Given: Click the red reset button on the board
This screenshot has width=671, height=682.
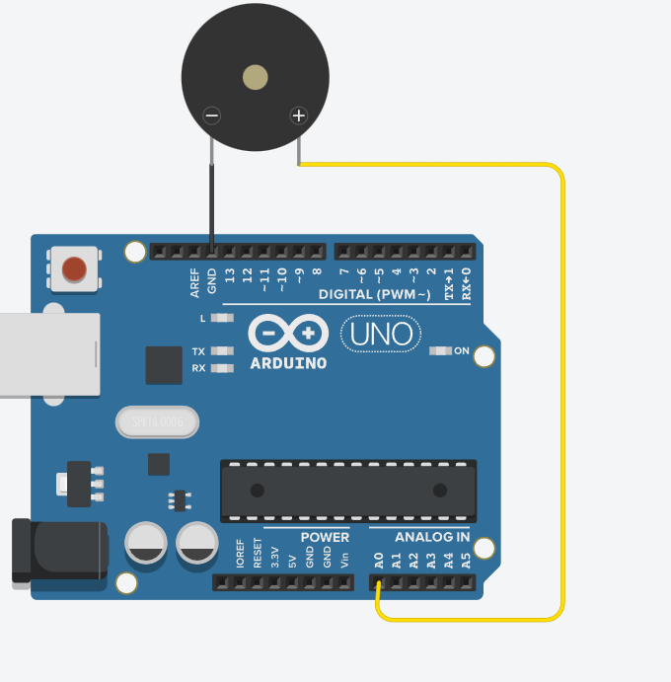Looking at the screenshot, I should [x=74, y=268].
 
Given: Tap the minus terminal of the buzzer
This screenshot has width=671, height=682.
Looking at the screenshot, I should [x=211, y=115].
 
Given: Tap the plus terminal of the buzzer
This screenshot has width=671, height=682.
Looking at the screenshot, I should [x=298, y=115].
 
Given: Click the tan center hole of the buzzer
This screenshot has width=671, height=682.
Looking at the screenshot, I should [x=256, y=77].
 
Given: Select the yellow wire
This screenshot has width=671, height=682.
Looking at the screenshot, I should [x=562, y=395].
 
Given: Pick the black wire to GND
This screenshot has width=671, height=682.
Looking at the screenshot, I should [x=211, y=197].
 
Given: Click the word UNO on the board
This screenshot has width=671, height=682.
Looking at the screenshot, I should [x=381, y=335].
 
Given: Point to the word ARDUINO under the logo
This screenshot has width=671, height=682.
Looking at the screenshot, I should [x=288, y=363].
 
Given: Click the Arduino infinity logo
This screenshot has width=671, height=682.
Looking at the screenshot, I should [x=288, y=334].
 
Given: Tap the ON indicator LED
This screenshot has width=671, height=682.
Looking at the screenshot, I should [x=440, y=351].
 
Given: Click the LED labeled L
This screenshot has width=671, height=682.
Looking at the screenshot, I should [x=223, y=318].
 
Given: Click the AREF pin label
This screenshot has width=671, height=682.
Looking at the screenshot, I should [x=195, y=282].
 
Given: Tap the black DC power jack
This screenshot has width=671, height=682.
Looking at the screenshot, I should [x=57, y=551].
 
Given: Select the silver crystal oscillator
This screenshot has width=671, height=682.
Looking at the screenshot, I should [x=158, y=422].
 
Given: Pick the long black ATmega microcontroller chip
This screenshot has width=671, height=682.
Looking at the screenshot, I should [x=348, y=491].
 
